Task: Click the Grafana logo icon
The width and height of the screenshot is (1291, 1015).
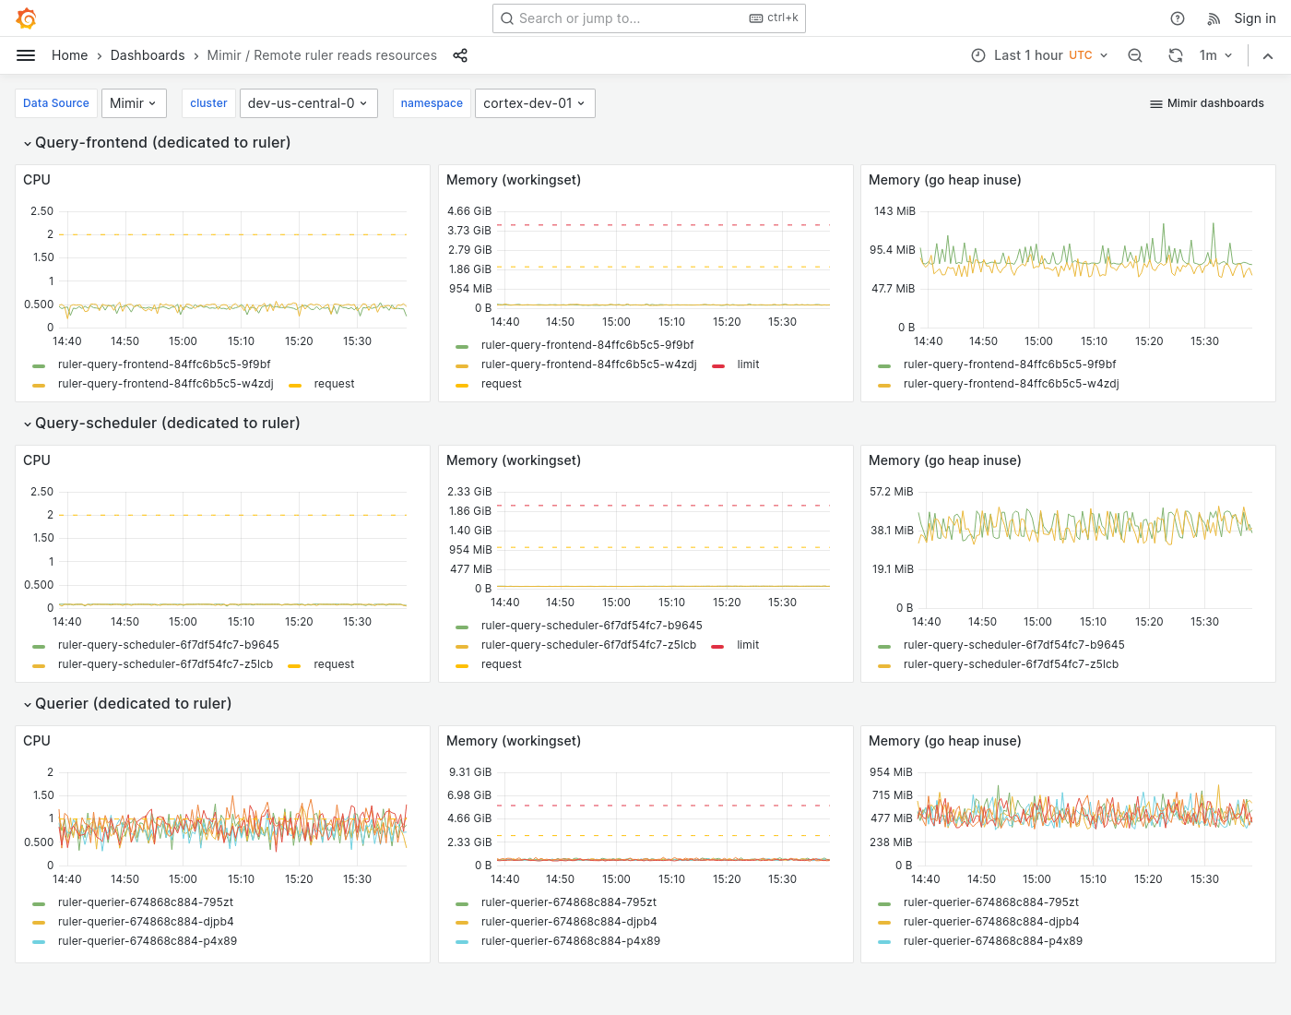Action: click(27, 18)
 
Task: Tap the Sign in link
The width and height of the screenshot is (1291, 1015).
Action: click(1254, 18)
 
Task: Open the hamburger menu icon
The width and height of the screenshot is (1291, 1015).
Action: click(26, 55)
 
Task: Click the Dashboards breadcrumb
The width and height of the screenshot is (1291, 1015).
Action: click(148, 55)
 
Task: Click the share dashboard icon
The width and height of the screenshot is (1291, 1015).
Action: click(460, 55)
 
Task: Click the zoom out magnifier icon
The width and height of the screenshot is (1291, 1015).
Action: click(1135, 55)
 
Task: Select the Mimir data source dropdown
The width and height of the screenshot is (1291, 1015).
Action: click(134, 103)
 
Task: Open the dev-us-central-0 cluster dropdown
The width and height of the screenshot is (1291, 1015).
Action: click(307, 103)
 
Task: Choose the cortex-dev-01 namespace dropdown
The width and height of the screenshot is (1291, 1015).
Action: click(534, 103)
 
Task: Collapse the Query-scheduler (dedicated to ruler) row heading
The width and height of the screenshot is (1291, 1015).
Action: click(167, 424)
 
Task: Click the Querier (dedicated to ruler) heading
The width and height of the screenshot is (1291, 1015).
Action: click(133, 704)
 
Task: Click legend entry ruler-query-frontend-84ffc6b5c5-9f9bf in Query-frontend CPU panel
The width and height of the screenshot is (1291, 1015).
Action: click(164, 364)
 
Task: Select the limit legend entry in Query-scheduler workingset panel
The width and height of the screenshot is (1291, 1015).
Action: click(747, 645)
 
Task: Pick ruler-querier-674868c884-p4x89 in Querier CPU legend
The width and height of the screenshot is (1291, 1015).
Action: click(148, 941)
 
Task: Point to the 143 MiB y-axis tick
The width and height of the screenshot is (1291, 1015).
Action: click(894, 211)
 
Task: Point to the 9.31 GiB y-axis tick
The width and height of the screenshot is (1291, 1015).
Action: click(470, 772)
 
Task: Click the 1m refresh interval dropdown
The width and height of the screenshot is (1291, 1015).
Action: click(1215, 55)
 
